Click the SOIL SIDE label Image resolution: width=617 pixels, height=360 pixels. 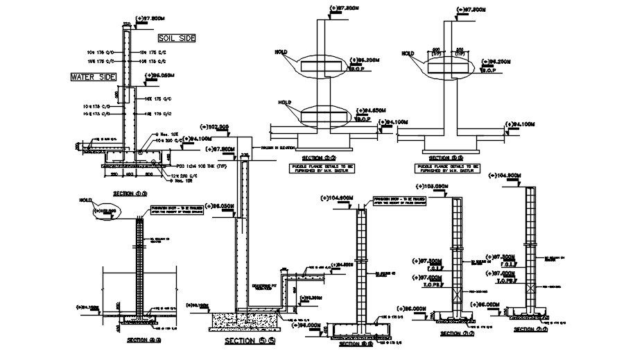pos(177,38)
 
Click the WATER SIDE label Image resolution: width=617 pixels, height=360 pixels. pos(93,77)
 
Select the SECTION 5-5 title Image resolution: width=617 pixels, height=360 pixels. pos(249,341)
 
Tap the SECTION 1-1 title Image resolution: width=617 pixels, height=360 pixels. pos(130,194)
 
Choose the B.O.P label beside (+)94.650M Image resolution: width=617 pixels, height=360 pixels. pos(365,118)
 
